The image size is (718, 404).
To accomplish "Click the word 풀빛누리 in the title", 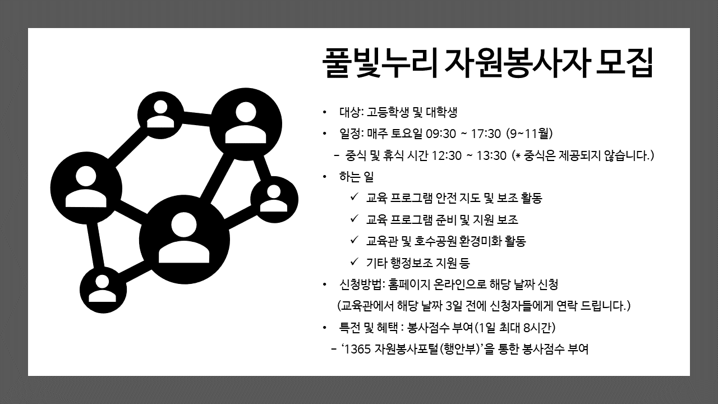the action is pos(380,63).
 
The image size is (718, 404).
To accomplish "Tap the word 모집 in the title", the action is pos(624,63).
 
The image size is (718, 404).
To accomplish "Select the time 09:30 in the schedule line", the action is pos(441,134).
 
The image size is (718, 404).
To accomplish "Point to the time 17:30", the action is pos(486,134).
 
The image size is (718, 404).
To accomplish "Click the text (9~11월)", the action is pos(530,134).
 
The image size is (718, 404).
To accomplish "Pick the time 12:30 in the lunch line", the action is pos(447,156).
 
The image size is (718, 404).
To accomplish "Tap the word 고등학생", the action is pos(388,112).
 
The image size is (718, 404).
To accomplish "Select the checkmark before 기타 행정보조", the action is pos(354,262).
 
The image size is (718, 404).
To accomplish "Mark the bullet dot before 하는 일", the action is pos(325,177).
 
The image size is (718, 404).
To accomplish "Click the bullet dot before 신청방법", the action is pos(325,284).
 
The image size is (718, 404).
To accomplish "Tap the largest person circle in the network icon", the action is pos(185,240).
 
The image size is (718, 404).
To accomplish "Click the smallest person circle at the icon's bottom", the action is pos(103,290).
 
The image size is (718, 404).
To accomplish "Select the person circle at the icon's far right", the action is pos(274,199).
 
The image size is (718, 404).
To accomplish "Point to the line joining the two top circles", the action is pos(196,118).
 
